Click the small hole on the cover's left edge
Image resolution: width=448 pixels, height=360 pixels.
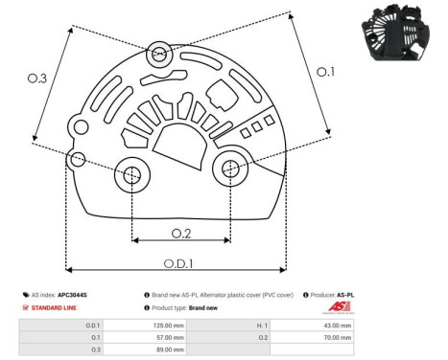77,157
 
